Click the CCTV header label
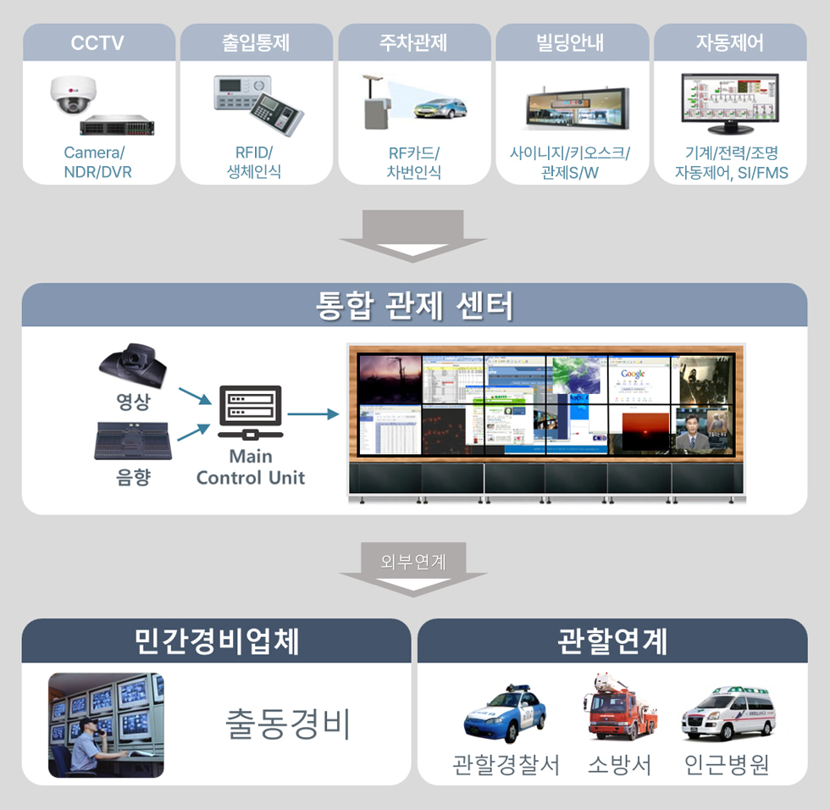tap(97, 42)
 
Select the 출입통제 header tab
tap(256, 42)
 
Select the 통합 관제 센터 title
tap(414, 305)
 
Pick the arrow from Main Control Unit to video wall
tap(313, 414)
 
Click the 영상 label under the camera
tap(133, 402)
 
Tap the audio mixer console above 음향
tap(132, 441)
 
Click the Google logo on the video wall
tap(633, 374)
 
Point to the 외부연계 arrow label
tap(413, 561)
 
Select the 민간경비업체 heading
tap(217, 641)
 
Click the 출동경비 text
tap(288, 724)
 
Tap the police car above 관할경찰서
tap(505, 715)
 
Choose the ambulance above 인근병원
tap(728, 713)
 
